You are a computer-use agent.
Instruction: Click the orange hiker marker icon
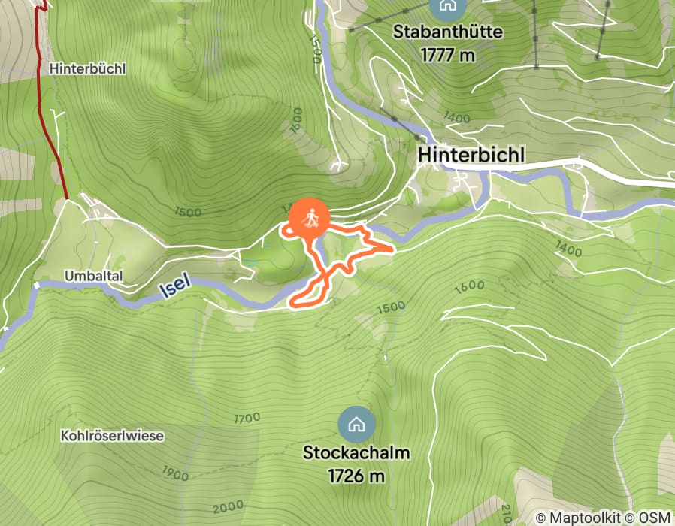pos(309,219)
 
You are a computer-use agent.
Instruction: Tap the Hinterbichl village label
pos(471,153)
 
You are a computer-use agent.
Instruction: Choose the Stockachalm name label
pos(356,453)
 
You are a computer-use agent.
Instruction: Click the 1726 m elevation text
pos(356,475)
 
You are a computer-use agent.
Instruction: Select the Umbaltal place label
pos(93,277)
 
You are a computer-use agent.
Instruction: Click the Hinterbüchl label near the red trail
pos(88,68)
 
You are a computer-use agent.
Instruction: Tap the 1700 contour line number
pos(247,418)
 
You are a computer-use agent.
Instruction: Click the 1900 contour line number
pos(176,473)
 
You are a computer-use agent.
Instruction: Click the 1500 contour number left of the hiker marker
pos(187,213)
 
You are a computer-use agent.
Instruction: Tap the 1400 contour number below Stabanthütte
pos(457,118)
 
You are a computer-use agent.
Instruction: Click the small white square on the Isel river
pos(35,285)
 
